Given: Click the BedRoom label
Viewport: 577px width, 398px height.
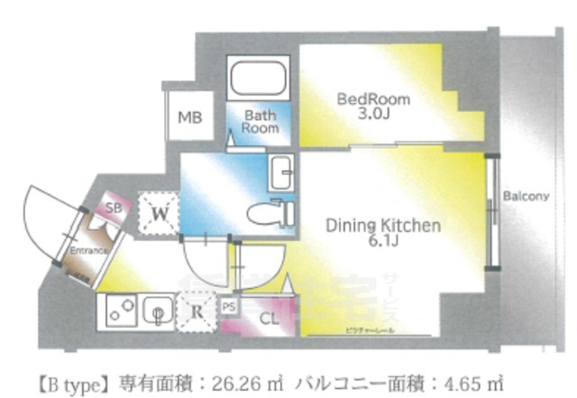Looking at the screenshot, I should tap(373, 98).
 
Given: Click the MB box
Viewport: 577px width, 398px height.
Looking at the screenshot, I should tap(189, 117).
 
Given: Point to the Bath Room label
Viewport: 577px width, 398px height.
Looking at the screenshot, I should tap(260, 122).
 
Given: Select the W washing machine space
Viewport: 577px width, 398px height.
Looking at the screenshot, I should tap(159, 214).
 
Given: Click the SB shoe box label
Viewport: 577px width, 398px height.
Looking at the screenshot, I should tap(114, 207).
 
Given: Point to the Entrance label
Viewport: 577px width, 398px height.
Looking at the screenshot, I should tap(91, 250).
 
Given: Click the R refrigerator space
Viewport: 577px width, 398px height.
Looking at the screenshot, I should tap(197, 314).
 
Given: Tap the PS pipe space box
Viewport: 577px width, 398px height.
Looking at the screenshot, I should tap(228, 306).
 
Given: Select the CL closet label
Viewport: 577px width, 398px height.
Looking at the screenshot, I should tap(269, 317).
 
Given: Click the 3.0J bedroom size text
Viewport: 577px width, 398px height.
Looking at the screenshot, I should tap(374, 115).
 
